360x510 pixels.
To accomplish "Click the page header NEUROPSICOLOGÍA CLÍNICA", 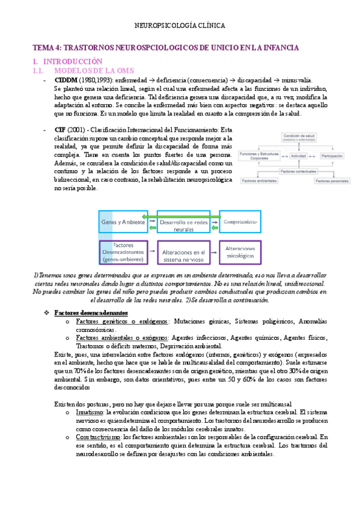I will tap(180, 26).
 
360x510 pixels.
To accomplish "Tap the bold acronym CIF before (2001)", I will tap(60, 130).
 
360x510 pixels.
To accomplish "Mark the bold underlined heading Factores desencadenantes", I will tap(91, 313).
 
